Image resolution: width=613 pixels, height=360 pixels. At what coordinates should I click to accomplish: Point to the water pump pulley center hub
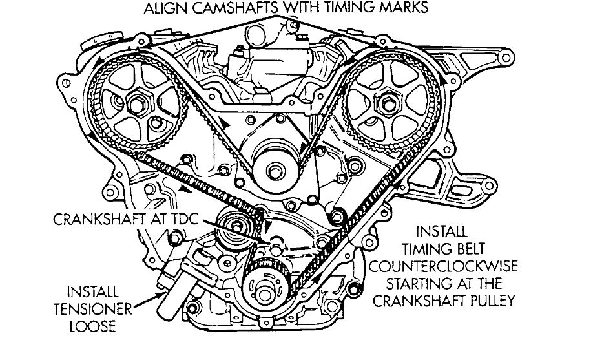pos(275,171)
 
